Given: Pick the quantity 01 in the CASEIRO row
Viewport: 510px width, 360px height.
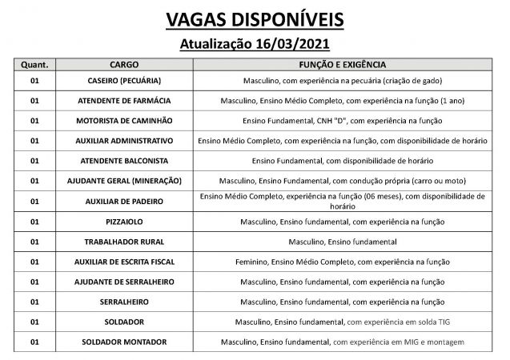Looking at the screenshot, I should click(x=34, y=81).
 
